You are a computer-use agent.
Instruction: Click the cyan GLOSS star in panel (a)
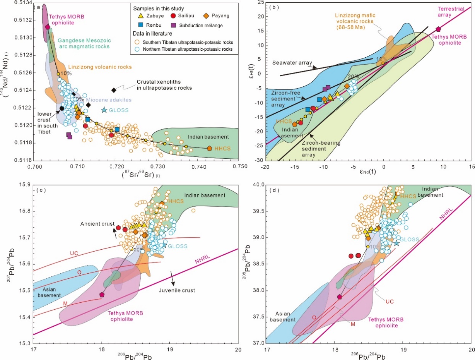(x=104, y=110)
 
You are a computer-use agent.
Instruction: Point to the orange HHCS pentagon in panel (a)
(x=210, y=148)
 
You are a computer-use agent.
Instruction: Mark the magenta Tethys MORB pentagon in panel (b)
(x=438, y=29)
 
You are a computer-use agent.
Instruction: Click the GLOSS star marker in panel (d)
(x=396, y=243)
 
